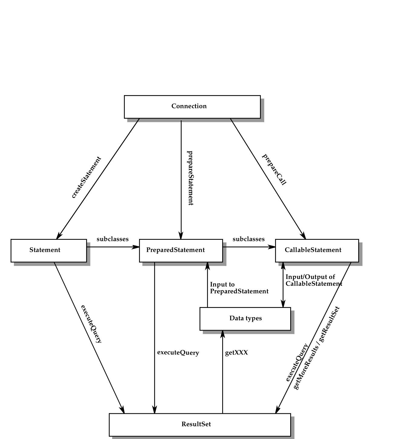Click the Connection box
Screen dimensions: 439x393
(x=192, y=107)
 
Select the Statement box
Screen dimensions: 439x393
(x=48, y=250)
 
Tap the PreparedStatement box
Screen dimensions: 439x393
(x=180, y=250)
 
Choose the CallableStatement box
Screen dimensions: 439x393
(x=317, y=250)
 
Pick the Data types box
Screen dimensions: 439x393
(x=245, y=319)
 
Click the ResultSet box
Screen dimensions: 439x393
(x=200, y=424)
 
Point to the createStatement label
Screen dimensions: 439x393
(x=86, y=177)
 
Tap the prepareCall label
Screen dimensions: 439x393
(x=274, y=170)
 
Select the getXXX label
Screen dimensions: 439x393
(x=236, y=353)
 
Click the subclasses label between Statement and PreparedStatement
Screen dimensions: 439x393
(x=112, y=239)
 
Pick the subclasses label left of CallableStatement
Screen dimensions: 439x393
(x=248, y=239)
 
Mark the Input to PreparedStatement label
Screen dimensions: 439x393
(x=239, y=288)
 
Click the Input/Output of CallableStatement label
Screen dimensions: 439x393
(x=313, y=280)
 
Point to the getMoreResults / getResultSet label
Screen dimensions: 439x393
(x=317, y=348)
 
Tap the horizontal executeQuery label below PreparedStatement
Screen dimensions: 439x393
(x=178, y=353)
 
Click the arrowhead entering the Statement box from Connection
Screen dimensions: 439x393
(x=59, y=236)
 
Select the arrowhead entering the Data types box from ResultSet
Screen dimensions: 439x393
(x=222, y=334)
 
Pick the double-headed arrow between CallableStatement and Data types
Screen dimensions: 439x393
(x=283, y=285)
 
